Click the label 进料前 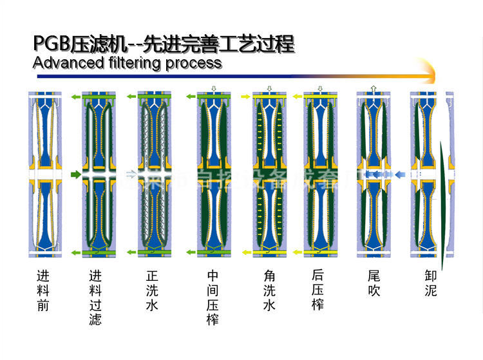coord(43,290)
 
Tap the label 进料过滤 coord(96,297)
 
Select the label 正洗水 coord(152,290)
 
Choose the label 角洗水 coord(269,290)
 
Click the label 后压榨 coord(317,290)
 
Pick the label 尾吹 coord(374,283)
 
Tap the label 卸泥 coord(431,283)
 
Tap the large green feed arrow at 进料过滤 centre coord(76,174)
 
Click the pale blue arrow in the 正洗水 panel coord(131,174)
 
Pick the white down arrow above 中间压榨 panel coord(213,88)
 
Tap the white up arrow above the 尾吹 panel coord(373,88)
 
